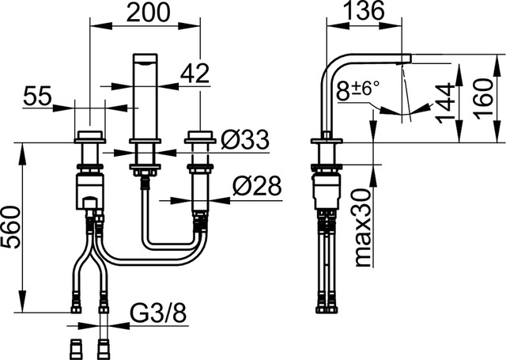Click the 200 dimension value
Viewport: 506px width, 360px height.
[148, 13]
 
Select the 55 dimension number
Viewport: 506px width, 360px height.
[37, 96]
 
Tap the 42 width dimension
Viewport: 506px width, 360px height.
[194, 74]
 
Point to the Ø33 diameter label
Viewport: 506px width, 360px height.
[245, 140]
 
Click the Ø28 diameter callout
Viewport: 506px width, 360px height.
[257, 186]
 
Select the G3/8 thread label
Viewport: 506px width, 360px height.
[158, 313]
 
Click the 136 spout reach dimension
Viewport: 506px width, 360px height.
[364, 10]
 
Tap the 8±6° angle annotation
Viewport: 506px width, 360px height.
[357, 89]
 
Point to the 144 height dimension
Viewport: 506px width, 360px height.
[445, 104]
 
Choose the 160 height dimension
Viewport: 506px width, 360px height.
[484, 98]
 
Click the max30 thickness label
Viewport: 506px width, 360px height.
[364, 228]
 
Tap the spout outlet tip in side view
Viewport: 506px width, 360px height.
[406, 59]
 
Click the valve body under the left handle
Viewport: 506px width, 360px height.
[90, 191]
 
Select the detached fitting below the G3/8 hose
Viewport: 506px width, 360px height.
[104, 350]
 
